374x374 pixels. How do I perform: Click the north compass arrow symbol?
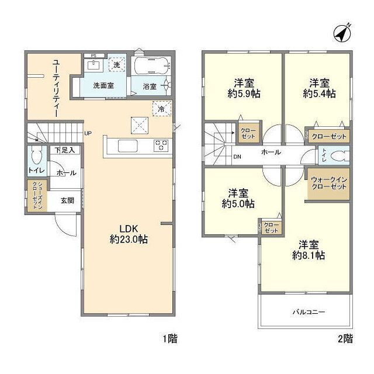tap(344, 33)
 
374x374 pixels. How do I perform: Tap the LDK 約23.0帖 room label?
tap(127, 233)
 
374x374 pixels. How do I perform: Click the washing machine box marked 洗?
tap(117, 65)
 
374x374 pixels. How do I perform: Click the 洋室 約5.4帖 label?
tap(318, 88)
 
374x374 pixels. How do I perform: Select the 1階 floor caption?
tap(169, 338)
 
